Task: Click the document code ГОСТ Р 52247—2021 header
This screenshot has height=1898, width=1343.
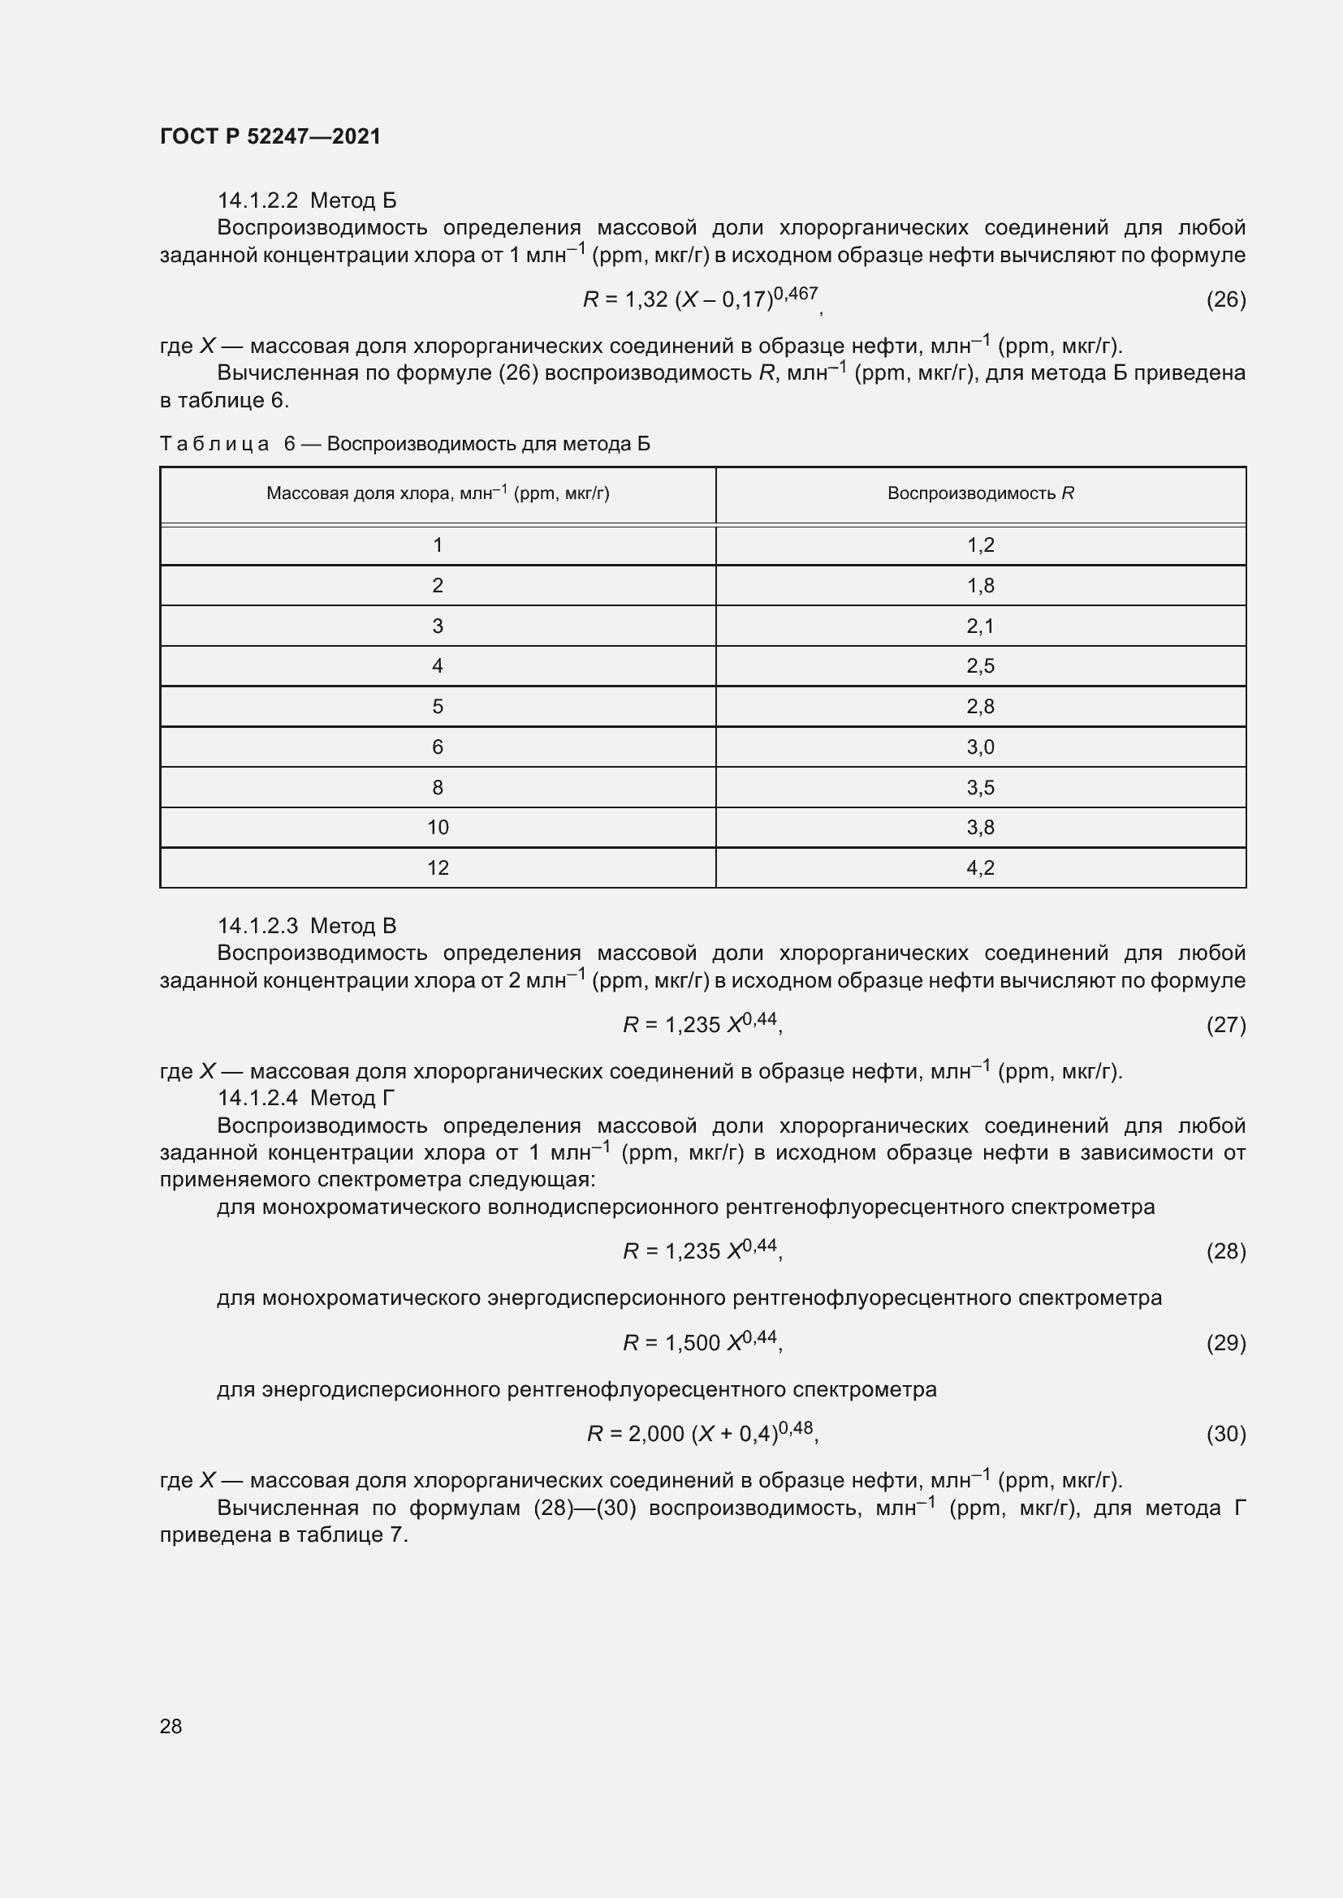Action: pos(270,136)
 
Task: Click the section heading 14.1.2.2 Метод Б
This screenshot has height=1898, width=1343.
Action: pos(307,200)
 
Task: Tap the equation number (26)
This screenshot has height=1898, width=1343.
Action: pos(1225,299)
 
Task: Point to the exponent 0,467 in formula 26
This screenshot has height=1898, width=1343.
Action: pos(796,294)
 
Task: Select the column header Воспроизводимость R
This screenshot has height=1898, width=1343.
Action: pos(980,493)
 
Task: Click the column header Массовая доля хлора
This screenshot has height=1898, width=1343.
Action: pos(438,493)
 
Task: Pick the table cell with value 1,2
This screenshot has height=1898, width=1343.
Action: pos(980,544)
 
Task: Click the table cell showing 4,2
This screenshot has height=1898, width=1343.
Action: pos(980,867)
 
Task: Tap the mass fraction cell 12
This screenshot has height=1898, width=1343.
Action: pos(438,867)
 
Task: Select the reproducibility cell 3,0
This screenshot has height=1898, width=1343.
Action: pos(980,747)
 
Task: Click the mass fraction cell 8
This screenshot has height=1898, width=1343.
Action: pos(438,787)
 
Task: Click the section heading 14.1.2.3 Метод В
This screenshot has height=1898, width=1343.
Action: pos(307,926)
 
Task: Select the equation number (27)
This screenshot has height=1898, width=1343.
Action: pos(1225,1025)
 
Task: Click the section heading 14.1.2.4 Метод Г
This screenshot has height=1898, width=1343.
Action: pos(306,1098)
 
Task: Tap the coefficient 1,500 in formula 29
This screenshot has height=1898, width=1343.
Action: pos(692,1343)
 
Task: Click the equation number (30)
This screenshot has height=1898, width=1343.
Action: pos(1225,1433)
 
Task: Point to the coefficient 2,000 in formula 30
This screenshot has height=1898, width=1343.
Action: pos(656,1434)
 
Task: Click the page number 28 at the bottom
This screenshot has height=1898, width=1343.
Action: pos(171,1726)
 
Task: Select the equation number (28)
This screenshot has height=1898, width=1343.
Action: pos(1225,1251)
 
